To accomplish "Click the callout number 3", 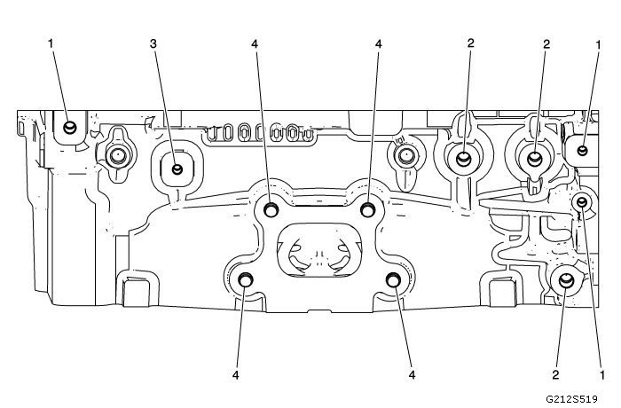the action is coord(153,43).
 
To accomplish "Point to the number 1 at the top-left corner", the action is coord(52,43).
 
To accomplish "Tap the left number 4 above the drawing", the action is coord(255,43).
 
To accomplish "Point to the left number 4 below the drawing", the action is coord(237,375).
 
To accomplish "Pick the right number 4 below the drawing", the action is coord(413,375).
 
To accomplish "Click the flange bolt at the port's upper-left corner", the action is coord(271,209).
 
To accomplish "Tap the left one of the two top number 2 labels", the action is coord(471,43).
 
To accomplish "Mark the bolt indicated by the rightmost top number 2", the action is coord(534,160).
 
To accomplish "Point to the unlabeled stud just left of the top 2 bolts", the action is coord(404,157).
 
